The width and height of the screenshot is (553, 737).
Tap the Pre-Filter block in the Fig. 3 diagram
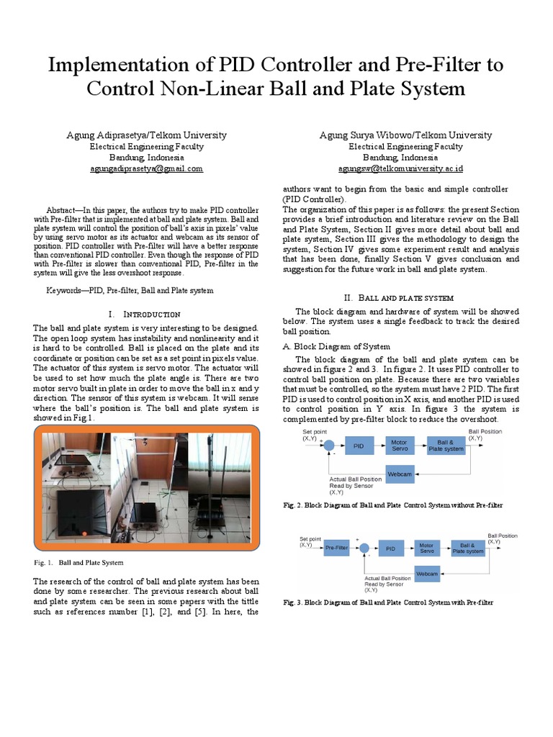pyautogui.click(x=337, y=548)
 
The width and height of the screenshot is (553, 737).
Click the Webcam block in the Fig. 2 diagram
pyautogui.click(x=400, y=474)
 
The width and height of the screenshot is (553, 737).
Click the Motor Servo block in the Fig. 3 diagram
pyautogui.click(x=427, y=548)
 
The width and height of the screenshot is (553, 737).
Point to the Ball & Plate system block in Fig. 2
pyautogui.click(x=446, y=446)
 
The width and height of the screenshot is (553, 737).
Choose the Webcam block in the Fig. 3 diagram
pyautogui.click(x=427, y=574)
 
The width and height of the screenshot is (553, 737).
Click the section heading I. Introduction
pyautogui.click(x=143, y=315)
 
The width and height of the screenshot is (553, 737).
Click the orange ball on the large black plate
pyautogui.click(x=85, y=533)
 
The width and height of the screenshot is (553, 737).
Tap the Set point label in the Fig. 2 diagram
pyautogui.click(x=315, y=431)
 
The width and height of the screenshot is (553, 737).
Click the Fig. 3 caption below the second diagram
pyautogui.click(x=389, y=602)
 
